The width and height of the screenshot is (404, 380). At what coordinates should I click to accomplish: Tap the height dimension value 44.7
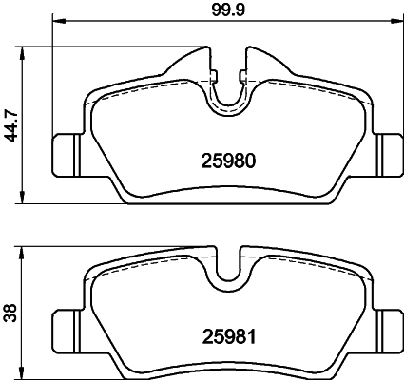click(x=12, y=123)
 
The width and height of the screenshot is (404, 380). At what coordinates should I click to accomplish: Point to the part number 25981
click(x=229, y=334)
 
